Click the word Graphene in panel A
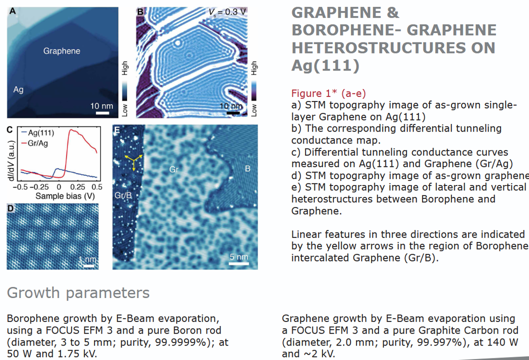[61, 51]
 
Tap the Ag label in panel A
[18, 89]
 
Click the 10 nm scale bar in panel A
[102, 112]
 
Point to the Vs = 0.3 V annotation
[227, 12]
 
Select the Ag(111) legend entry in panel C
[37, 132]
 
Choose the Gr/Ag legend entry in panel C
[34, 143]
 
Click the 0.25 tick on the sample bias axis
[78, 187]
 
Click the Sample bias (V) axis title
[65, 196]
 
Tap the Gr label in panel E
[173, 169]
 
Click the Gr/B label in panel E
[123, 195]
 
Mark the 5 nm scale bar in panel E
[239, 263]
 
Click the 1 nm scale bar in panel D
[88, 266]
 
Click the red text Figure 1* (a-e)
[328, 93]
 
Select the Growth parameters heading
[78, 292]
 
